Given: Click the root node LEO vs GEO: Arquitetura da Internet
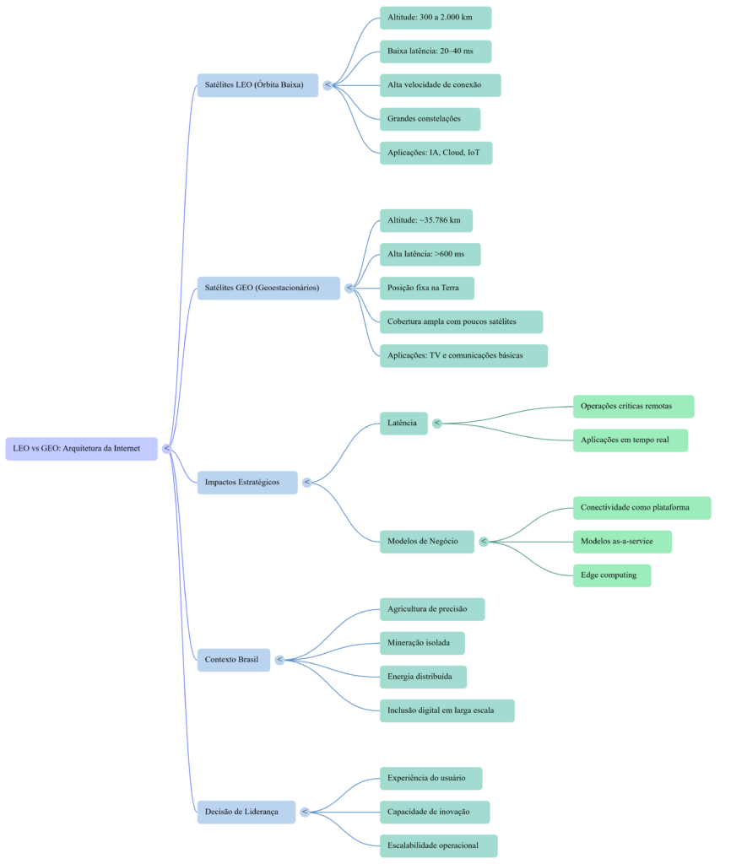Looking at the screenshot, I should click(81, 449).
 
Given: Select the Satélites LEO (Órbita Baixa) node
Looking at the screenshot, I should click(257, 85).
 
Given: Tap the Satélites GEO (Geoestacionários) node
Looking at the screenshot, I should click(268, 288).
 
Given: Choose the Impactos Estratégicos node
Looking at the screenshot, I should click(247, 483).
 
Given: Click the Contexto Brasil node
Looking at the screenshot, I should click(234, 660).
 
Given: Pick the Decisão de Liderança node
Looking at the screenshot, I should click(246, 812).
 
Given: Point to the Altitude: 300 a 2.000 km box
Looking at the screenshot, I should click(435, 18).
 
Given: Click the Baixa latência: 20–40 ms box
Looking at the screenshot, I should click(435, 51).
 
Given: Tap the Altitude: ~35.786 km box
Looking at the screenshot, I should click(425, 220).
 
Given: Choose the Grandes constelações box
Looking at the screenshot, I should click(430, 119).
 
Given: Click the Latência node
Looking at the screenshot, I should click(403, 424).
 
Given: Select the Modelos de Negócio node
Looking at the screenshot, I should click(426, 542).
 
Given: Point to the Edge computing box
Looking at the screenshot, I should click(611, 575).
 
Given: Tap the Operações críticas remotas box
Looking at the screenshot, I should click(633, 407).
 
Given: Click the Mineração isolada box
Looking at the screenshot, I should click(422, 643).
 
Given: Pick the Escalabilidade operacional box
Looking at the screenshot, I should click(438, 845).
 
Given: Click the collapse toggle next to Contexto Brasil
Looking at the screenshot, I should click(279, 660).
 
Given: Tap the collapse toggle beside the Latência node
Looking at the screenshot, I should click(437, 424).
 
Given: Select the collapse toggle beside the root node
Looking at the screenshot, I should click(166, 449).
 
